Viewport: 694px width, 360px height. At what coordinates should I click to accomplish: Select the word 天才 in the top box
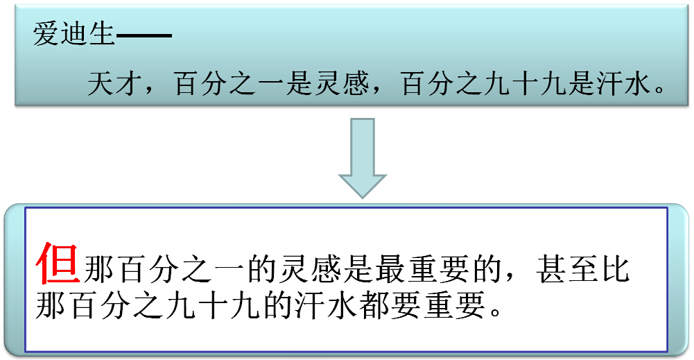coord(113,86)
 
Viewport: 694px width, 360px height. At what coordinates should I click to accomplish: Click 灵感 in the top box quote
coord(337,86)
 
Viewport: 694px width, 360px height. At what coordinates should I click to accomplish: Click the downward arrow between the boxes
coord(362,158)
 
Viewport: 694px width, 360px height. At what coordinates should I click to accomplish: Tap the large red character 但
coord(58,264)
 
